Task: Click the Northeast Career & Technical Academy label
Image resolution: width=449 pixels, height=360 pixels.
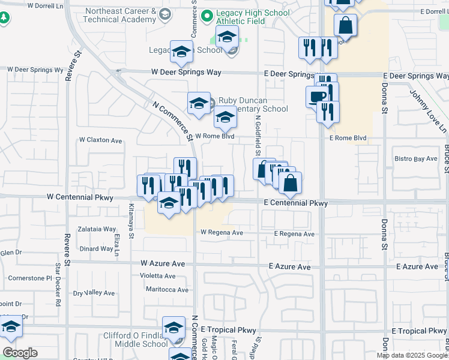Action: [x=122, y=16]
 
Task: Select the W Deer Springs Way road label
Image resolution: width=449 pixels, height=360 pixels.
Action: [x=186, y=72]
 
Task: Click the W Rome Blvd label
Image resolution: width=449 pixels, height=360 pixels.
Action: [x=214, y=136]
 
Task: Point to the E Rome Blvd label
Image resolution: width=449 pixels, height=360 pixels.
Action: [x=348, y=138]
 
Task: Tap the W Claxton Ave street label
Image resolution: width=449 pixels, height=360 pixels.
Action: [x=101, y=140]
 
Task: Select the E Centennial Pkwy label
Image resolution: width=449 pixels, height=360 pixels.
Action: [x=296, y=203]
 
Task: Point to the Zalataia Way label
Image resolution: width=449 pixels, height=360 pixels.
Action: [x=97, y=229]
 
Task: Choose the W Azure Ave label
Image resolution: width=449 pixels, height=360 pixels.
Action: [x=166, y=263]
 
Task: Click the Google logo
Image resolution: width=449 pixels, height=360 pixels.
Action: [x=20, y=353]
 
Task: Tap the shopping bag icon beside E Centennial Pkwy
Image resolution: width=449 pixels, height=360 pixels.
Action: [x=290, y=184]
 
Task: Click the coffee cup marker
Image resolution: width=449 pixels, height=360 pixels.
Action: [x=318, y=97]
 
